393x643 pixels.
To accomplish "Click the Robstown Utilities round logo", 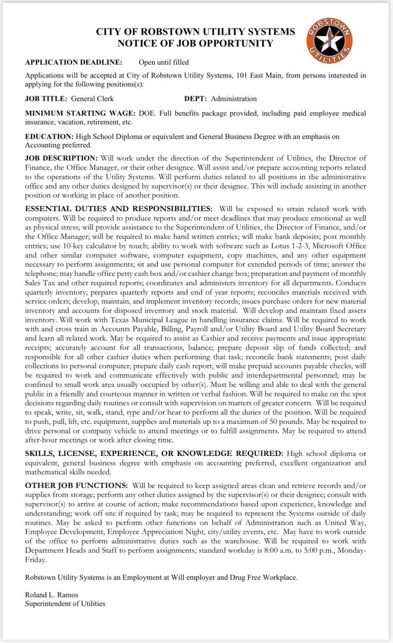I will pyautogui.click(x=329, y=39).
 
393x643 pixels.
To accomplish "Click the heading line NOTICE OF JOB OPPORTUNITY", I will pyautogui.click(x=195, y=44).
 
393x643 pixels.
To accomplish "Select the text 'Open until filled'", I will pyautogui.click(x=164, y=63).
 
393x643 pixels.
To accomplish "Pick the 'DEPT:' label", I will pyautogui.click(x=196, y=99).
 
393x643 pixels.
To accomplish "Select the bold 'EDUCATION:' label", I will pyautogui.click(x=49, y=137).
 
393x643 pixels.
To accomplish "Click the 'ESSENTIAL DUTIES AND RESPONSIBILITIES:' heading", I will pyautogui.click(x=118, y=208).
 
